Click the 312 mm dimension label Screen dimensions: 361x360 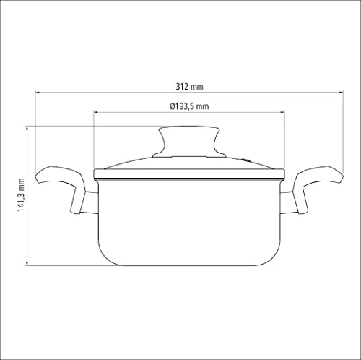pos(189,86)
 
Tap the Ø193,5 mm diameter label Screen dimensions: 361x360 pos(189,106)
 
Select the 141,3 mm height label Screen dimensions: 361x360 pos(21,195)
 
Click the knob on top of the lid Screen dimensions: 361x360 pos(189,142)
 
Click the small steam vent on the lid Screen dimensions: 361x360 pos(245,160)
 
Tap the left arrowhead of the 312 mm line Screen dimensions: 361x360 pos(38,92)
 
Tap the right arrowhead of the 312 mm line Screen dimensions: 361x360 pos(341,92)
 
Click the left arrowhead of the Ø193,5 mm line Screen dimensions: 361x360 pos(96,112)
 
